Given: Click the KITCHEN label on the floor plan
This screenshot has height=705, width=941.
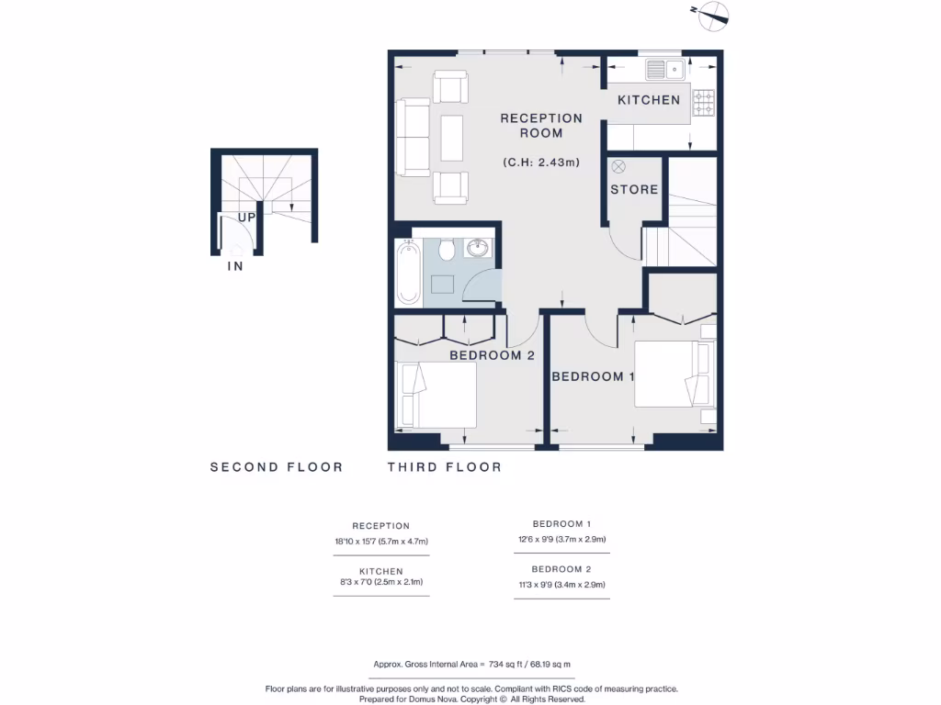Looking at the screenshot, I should click(x=649, y=100).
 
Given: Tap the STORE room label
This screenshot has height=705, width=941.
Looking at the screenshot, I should click(x=634, y=189).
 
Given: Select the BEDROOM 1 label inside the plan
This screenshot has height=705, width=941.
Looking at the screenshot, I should click(x=593, y=376).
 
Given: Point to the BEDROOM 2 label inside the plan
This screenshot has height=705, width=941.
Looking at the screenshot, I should click(x=492, y=355).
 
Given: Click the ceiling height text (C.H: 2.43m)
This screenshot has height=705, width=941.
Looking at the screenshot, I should click(x=541, y=162).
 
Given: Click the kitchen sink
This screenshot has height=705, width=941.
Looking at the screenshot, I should click(x=664, y=69).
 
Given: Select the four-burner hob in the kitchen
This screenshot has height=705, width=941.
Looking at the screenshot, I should click(x=704, y=103).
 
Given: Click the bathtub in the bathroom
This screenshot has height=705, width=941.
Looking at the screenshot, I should click(x=409, y=272).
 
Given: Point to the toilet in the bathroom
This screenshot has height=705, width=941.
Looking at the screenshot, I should click(x=447, y=249).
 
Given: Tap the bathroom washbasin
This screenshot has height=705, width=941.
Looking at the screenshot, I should click(x=478, y=248).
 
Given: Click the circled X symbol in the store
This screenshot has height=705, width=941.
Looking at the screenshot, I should click(x=618, y=166).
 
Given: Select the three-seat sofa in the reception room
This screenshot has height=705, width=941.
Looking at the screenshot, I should click(x=413, y=138).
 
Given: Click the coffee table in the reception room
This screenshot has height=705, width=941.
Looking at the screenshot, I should click(x=452, y=138).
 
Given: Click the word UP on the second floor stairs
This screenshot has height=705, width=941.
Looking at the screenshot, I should click(x=246, y=218).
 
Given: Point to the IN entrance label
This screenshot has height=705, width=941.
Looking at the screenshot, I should click(x=235, y=267).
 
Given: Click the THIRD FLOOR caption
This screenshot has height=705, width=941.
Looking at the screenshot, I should click(x=444, y=467).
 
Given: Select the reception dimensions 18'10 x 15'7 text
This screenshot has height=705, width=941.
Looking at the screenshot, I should click(x=381, y=542).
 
